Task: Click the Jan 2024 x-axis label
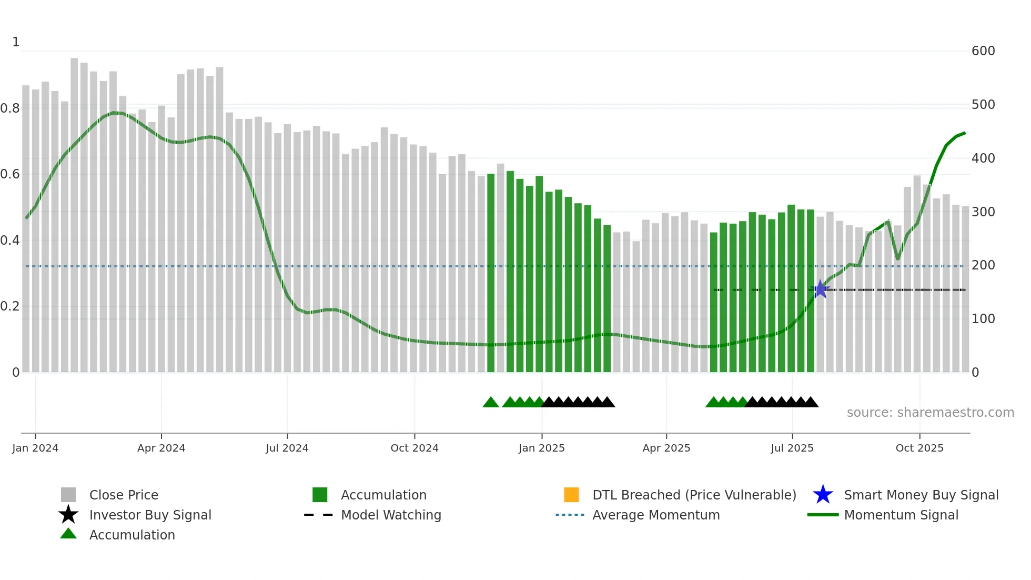[35, 448]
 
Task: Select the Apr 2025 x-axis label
[666, 448]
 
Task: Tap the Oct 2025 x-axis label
[919, 448]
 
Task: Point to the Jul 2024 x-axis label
[287, 448]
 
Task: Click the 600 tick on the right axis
[983, 51]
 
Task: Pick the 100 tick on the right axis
[983, 319]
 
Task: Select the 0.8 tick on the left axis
[10, 108]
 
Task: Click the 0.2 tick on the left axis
[10, 306]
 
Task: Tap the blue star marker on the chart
[820, 289]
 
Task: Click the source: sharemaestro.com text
[930, 413]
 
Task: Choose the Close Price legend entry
[124, 495]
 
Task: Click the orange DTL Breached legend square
[571, 495]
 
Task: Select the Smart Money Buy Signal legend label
[921, 495]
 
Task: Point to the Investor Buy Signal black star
[68, 515]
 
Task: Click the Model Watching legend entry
[391, 515]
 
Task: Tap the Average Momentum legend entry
[656, 515]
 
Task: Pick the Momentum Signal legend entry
[901, 515]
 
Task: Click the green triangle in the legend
[68, 534]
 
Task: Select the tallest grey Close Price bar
[74, 211]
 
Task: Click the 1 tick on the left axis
[16, 42]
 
